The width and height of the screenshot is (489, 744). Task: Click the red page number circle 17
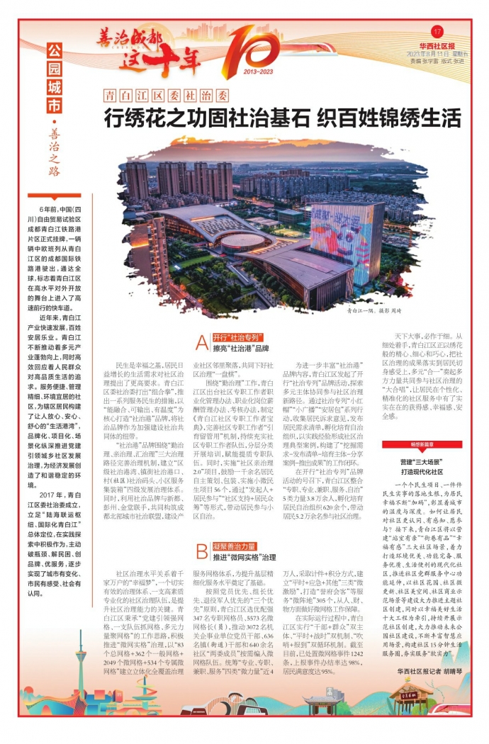pos(437,31)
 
